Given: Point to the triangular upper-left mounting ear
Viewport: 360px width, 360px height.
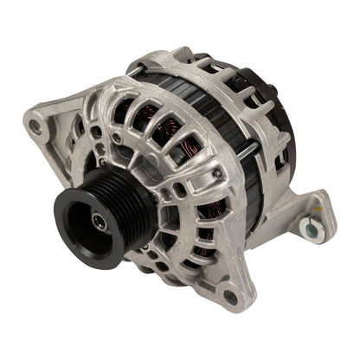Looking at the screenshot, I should pos(52,130).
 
